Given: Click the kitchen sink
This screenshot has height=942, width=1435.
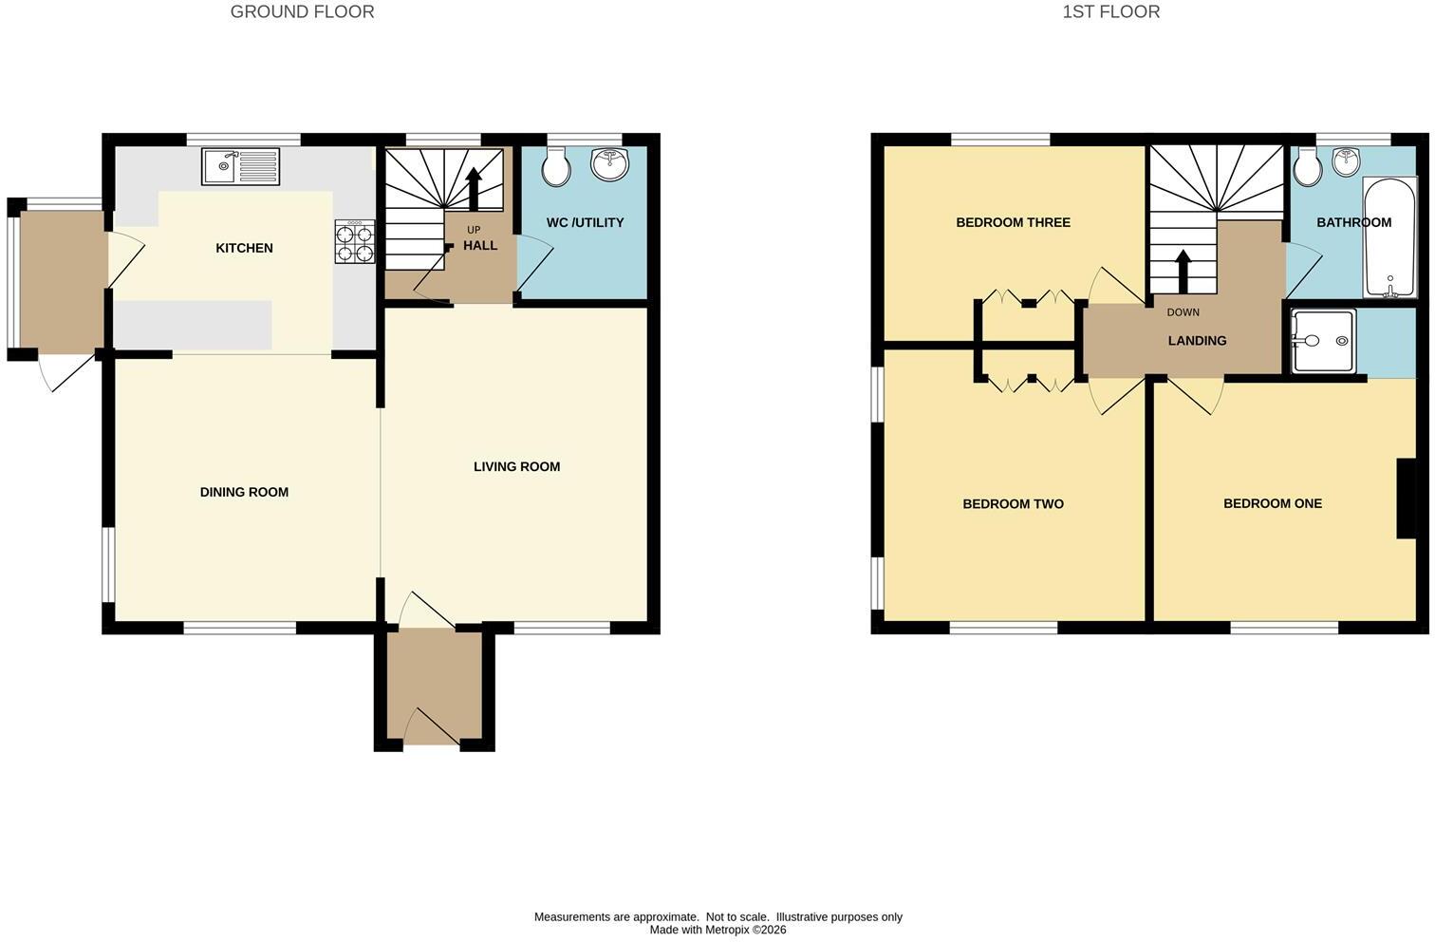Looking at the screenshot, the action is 240,166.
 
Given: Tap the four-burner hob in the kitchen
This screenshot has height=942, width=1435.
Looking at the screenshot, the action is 355,241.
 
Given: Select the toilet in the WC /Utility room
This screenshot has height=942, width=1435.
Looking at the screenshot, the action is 555,166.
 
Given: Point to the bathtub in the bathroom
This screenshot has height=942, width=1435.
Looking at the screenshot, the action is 1388,237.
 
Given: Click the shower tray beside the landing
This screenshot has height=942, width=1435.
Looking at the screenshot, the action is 1323,341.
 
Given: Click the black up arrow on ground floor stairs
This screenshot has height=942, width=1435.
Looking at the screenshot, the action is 474,189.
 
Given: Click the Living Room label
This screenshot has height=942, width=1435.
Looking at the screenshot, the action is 517,467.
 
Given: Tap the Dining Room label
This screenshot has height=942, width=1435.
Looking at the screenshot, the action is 244,492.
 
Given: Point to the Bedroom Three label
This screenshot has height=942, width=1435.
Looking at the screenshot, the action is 1013,222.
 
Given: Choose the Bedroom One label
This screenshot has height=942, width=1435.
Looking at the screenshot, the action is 1273,503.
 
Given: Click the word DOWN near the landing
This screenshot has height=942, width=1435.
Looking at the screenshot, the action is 1183,312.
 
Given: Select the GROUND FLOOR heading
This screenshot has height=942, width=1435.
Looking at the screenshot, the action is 303,11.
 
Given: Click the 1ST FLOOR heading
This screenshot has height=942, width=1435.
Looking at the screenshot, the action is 1110,11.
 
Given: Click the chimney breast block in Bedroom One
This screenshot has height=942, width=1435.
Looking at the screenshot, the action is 1407,499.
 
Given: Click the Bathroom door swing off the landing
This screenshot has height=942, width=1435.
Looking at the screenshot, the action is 1302,270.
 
